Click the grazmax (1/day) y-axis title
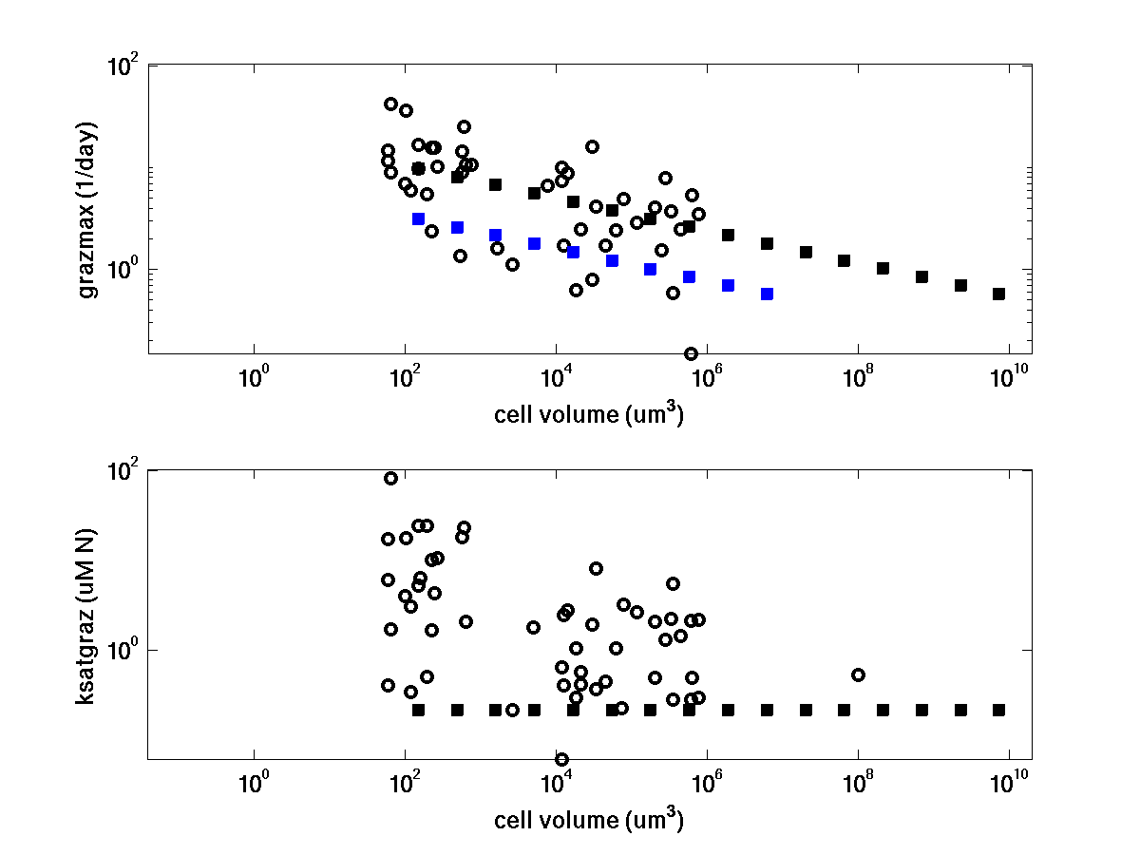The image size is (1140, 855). [x=88, y=210]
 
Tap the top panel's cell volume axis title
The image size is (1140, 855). [x=588, y=415]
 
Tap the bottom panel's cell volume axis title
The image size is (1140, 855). [x=588, y=819]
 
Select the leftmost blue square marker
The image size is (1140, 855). [x=418, y=218]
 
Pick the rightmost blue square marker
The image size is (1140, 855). [x=767, y=294]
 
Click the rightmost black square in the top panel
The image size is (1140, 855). [x=998, y=294]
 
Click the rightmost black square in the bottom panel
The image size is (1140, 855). [x=998, y=710]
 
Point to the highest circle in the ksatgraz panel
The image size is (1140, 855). [x=390, y=478]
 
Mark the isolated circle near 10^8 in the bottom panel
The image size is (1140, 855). [x=858, y=674]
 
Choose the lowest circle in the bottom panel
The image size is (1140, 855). [x=561, y=759]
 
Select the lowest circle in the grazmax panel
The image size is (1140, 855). [x=691, y=353]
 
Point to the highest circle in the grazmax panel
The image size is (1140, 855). [x=390, y=104]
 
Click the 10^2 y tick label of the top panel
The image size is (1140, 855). [x=123, y=67]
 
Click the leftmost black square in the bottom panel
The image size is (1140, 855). [x=418, y=710]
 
